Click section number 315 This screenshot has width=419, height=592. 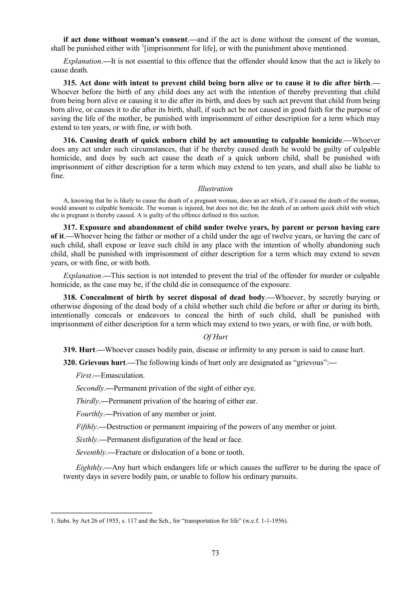(70, 83)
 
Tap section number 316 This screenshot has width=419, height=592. (70, 140)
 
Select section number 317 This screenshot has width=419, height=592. (70, 228)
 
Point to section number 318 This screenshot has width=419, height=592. (70, 298)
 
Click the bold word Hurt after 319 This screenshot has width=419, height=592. (87, 350)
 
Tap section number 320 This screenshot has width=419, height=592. (70, 363)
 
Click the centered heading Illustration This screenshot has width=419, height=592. (215, 189)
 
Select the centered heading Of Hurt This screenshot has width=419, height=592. (215, 337)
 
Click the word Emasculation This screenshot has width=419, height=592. (122, 375)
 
